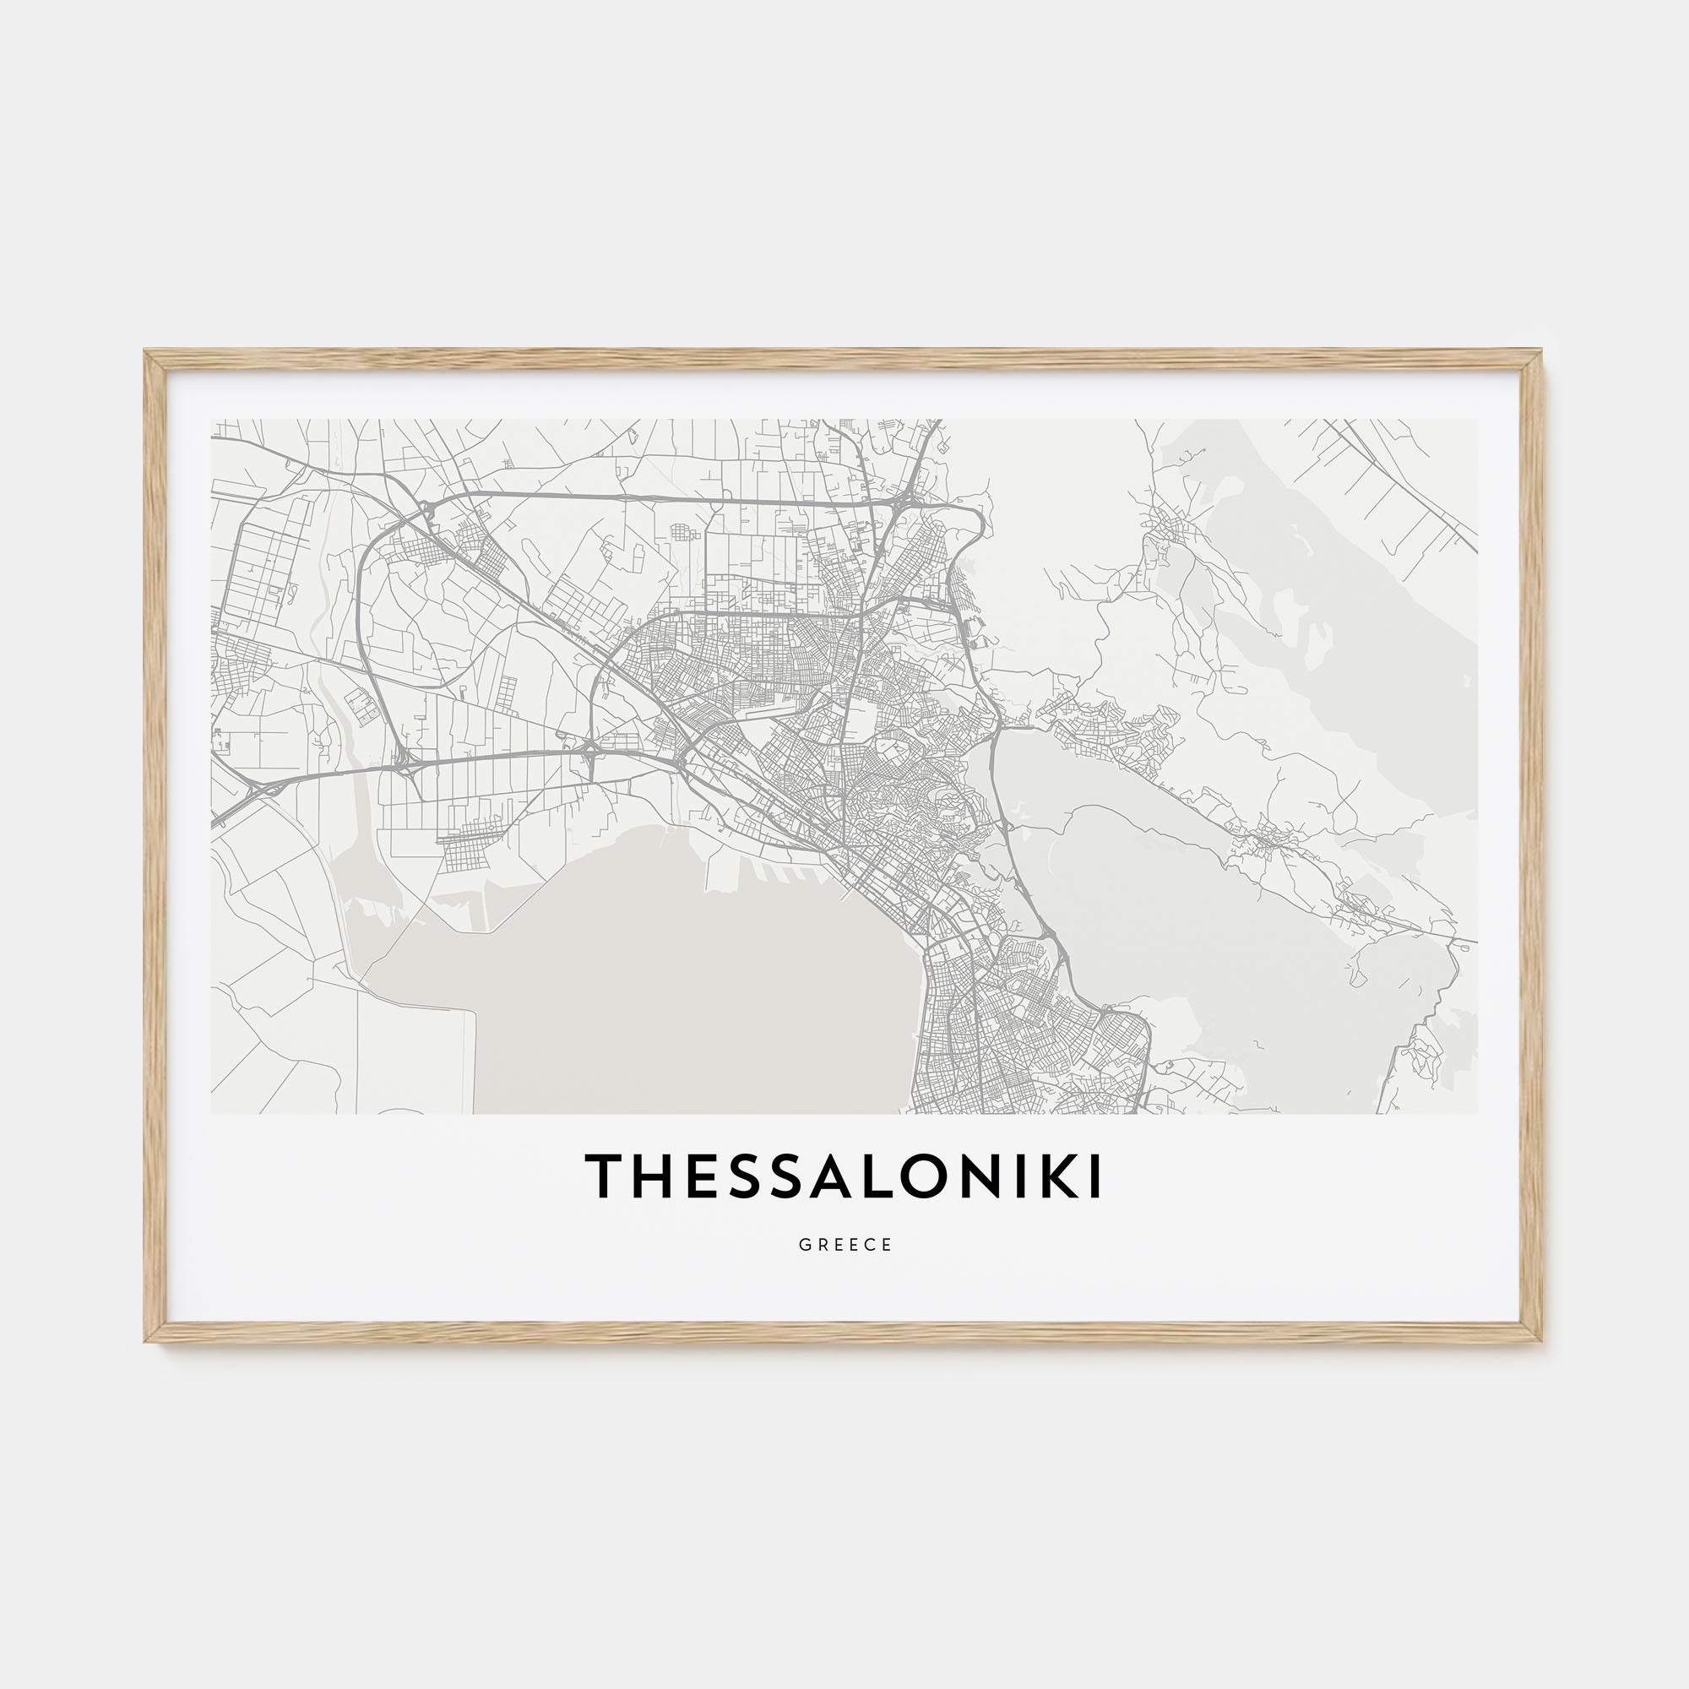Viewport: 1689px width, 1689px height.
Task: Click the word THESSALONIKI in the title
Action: pyautogui.click(x=844, y=1176)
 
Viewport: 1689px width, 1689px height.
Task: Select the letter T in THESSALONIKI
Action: pyautogui.click(x=603, y=1176)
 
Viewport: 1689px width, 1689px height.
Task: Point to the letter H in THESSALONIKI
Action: pyautogui.click(x=648, y=1176)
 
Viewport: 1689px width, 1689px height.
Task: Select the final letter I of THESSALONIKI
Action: pyautogui.click(x=1094, y=1176)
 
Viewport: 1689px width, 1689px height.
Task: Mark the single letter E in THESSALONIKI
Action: pyautogui.click(x=693, y=1176)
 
